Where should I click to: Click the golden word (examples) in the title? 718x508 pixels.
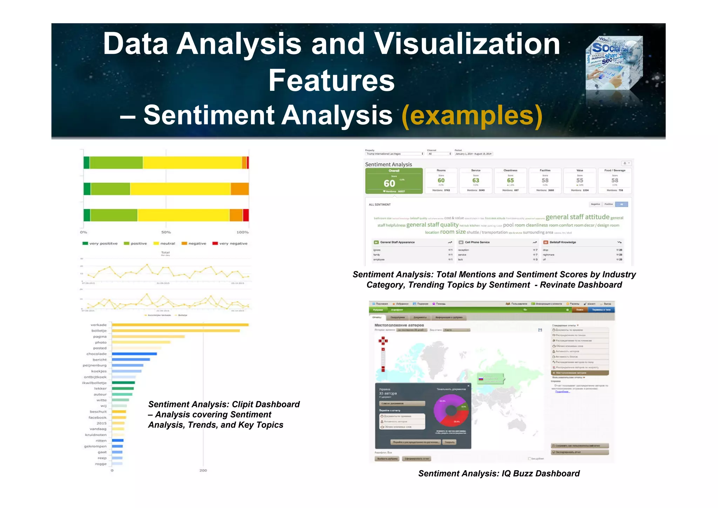coord(472,116)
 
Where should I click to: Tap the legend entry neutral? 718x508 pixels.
coord(164,243)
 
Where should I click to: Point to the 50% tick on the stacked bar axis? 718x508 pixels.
coord(166,232)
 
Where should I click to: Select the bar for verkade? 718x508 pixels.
coord(180,325)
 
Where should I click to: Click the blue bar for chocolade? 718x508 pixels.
coord(134,354)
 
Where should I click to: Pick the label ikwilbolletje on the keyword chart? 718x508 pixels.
coord(94,383)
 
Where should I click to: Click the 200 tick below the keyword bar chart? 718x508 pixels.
coord(203,470)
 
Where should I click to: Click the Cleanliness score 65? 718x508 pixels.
coord(510,180)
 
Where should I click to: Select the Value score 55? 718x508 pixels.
coord(580,180)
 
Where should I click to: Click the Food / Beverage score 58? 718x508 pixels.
coord(615,180)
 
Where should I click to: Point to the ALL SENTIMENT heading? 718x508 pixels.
coord(380,205)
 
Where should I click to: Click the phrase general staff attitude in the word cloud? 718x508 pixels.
coord(577,217)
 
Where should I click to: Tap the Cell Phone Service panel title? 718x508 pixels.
coord(477,242)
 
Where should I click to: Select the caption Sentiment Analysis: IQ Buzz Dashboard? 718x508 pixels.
coord(499,474)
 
